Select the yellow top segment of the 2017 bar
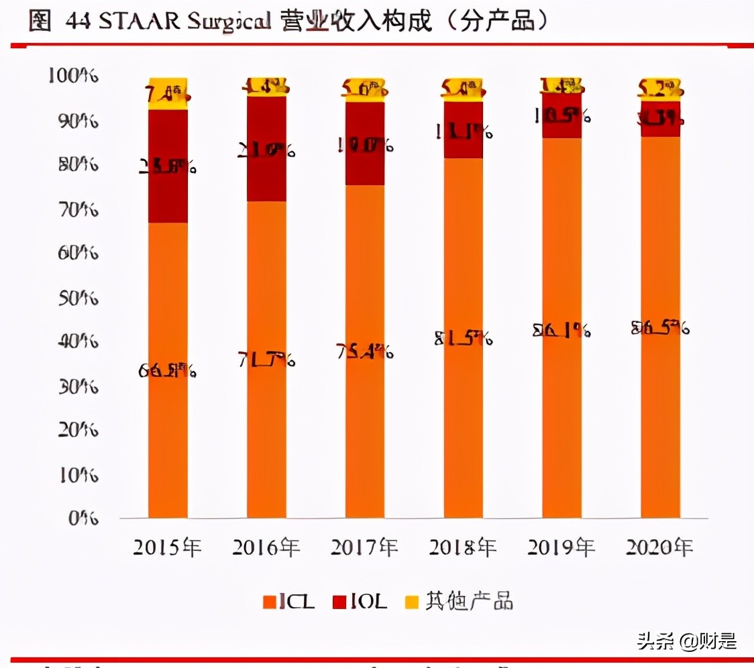(x=365, y=90)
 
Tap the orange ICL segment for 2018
(x=464, y=416)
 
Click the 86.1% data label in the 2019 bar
(x=561, y=330)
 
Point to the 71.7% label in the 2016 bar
(x=266, y=360)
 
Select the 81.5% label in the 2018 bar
(x=464, y=339)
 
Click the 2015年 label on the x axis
(x=167, y=548)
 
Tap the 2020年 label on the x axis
(x=659, y=548)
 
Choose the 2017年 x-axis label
(x=364, y=548)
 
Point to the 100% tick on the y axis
(x=74, y=76)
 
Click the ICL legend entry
(x=288, y=602)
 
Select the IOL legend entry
(x=360, y=602)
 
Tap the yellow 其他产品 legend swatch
(x=412, y=602)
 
